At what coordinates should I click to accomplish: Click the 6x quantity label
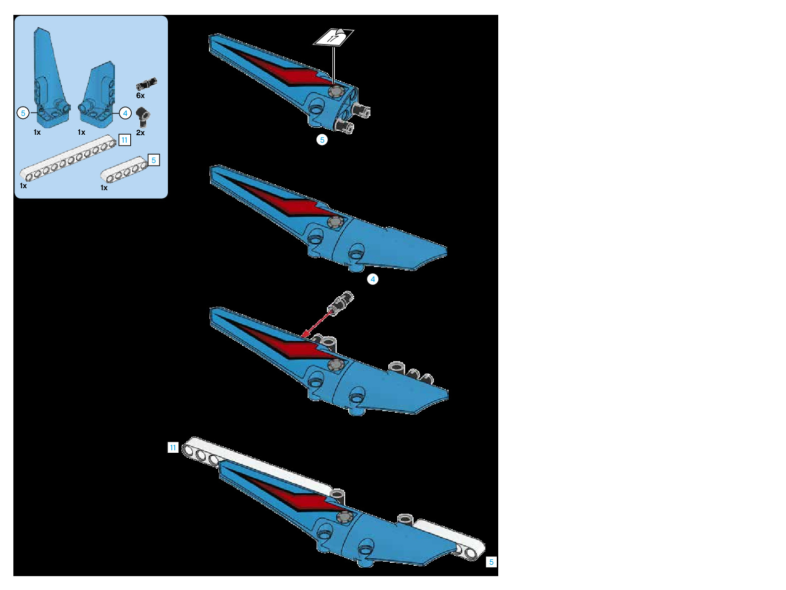(x=140, y=96)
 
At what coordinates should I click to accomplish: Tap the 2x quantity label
(x=140, y=133)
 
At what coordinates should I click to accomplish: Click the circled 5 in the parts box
(x=23, y=113)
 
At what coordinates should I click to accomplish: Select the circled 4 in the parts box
(x=125, y=113)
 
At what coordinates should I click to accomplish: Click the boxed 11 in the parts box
(x=124, y=140)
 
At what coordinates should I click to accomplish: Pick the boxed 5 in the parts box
(x=154, y=160)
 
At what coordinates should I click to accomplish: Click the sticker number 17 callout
(x=334, y=37)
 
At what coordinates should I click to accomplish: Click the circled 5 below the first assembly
(x=322, y=140)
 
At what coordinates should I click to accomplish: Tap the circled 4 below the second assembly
(x=372, y=279)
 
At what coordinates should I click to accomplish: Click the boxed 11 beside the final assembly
(x=172, y=448)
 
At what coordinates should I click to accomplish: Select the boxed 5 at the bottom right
(x=491, y=562)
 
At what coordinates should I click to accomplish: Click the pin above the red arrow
(x=343, y=301)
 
